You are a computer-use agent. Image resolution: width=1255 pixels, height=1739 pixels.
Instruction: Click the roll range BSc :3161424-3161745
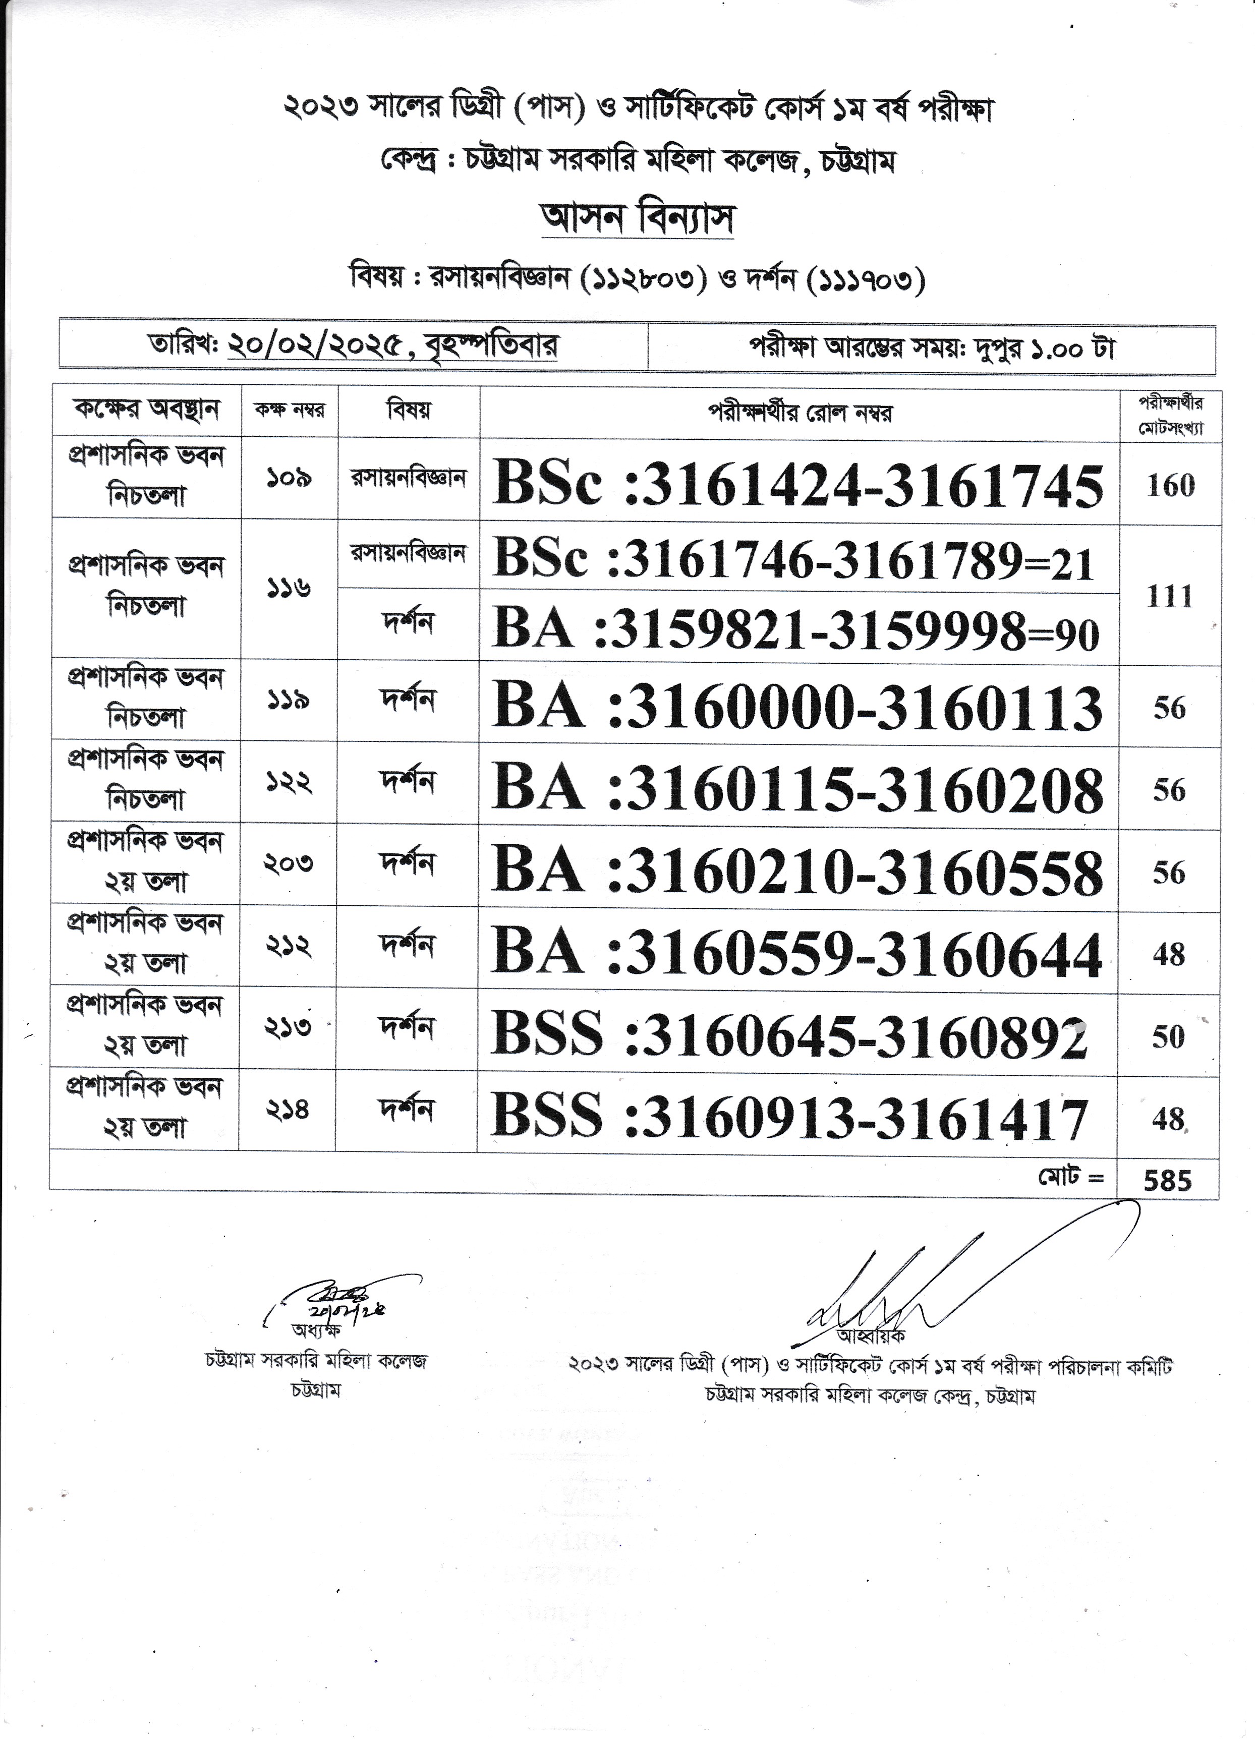[x=797, y=485]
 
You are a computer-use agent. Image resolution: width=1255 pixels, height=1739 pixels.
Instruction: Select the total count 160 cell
[x=1170, y=485]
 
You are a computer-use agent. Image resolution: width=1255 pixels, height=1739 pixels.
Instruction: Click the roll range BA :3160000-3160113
[x=797, y=706]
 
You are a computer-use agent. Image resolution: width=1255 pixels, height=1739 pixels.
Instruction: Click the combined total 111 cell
[x=1169, y=596]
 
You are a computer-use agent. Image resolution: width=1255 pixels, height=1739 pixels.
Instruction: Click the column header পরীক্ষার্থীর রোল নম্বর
[x=799, y=414]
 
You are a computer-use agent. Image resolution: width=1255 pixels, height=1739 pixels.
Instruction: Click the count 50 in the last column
[x=1168, y=1036]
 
